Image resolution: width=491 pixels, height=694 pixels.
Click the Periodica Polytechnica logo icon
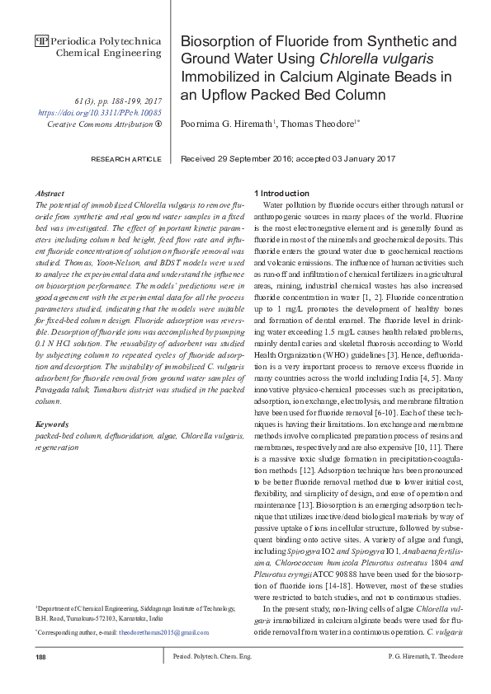tap(41, 40)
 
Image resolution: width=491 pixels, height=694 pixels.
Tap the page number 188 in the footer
tap(40, 656)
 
